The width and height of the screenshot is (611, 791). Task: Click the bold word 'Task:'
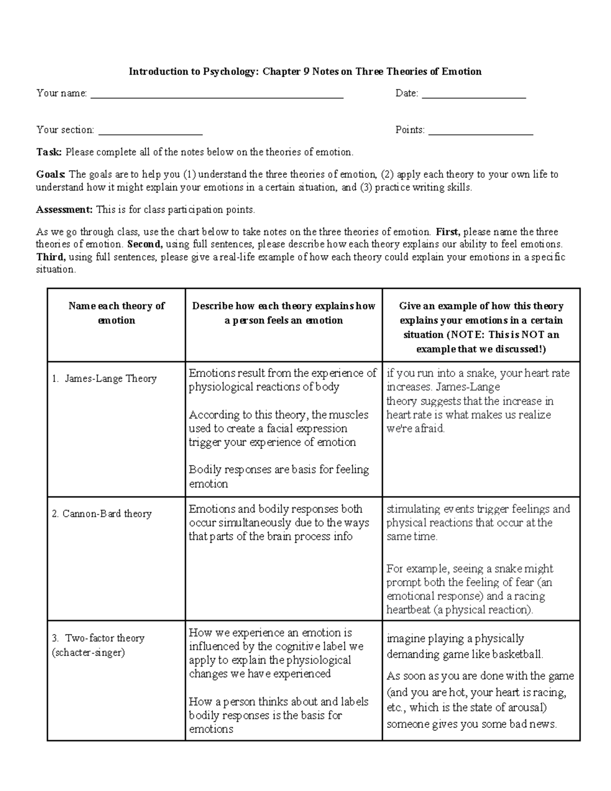click(49, 152)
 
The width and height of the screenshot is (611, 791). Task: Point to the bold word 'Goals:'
click(51, 174)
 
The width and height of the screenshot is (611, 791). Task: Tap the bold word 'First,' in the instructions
click(448, 232)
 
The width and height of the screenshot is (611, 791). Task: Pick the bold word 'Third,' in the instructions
click(50, 257)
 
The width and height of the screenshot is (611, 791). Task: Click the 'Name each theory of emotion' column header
click(117, 313)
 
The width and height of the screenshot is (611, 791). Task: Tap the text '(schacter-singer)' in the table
click(88, 652)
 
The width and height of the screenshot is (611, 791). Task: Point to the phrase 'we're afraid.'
click(415, 428)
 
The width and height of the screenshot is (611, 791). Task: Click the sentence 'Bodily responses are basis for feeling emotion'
click(279, 476)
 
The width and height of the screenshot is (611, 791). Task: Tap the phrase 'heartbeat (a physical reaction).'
click(459, 610)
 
